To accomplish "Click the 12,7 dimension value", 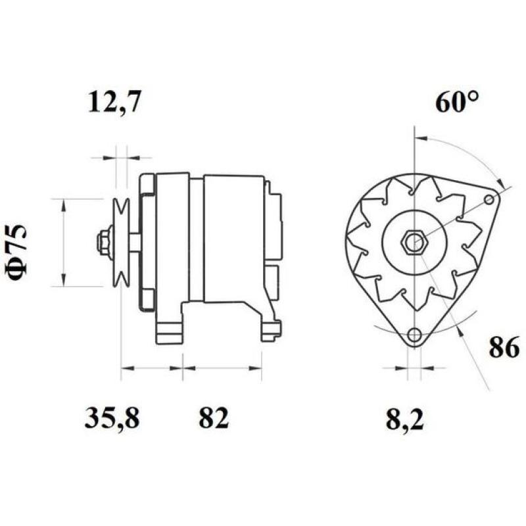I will pos(114,103).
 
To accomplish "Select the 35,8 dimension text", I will pos(112,418).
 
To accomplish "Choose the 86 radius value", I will pos(504,347).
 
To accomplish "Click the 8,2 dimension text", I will pos(405,419).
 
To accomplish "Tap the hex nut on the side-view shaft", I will pos(103,243).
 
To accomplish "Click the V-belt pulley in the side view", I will pos(120,243).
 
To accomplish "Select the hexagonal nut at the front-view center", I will pos(414,243).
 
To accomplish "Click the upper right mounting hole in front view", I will pos(489,199).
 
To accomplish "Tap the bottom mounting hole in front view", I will pos(414,336).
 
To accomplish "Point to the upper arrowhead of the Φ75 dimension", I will pos(63,204).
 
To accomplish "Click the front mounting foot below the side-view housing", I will pos(168,329).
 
